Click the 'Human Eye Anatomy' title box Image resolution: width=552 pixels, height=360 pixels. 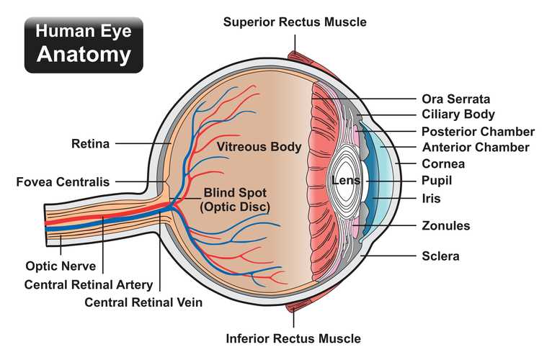84,45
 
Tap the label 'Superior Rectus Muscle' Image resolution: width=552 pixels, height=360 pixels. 295,22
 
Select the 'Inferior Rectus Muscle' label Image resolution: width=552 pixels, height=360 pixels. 293,338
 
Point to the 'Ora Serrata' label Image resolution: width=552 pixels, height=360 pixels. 456,99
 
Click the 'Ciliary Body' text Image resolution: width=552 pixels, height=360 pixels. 458,114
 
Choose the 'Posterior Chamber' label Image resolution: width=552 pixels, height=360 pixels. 478,132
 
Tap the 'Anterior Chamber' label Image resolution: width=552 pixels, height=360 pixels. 476,148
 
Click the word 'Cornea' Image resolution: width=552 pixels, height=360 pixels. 443,163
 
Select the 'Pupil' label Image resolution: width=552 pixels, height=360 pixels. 437,181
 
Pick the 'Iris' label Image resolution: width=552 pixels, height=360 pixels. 431,199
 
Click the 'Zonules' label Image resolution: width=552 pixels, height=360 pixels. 445,225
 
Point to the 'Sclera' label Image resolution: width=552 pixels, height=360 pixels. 440,256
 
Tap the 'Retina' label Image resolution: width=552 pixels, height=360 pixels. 91,143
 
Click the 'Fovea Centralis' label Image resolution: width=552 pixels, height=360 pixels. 63,182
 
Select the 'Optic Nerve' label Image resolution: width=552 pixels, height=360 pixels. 61,266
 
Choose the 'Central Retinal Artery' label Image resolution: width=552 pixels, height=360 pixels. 89,284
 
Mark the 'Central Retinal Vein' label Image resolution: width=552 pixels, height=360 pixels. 143,302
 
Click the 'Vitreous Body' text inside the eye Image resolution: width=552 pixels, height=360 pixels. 259,147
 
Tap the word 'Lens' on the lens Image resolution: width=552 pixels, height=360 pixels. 346,181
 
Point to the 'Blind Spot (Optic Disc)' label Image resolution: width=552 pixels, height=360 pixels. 235,199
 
